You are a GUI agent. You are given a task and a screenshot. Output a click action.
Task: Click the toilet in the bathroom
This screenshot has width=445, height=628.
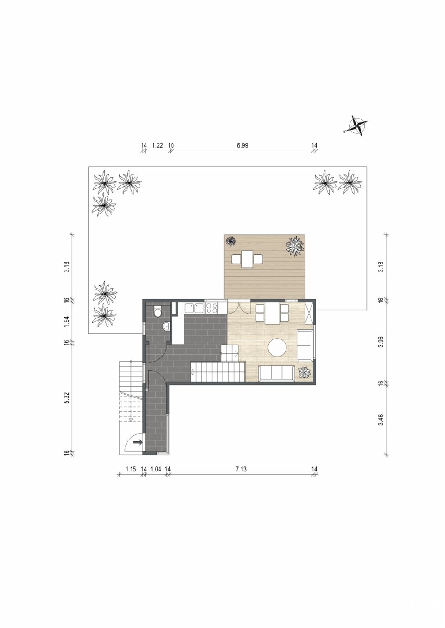tap(158, 311)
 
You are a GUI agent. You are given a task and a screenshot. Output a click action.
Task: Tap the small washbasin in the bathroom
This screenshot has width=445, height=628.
tap(166, 326)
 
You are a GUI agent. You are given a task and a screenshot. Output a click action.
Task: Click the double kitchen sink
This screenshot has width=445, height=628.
tap(195, 308)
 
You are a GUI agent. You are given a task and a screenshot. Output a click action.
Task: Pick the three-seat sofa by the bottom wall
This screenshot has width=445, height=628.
tap(277, 373)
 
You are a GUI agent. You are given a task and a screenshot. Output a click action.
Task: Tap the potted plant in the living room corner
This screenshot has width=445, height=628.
tap(305, 373)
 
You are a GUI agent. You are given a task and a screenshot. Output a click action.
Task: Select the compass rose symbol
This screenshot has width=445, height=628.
tap(357, 126)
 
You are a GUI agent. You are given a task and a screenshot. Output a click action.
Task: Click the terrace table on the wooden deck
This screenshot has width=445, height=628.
tap(247, 259)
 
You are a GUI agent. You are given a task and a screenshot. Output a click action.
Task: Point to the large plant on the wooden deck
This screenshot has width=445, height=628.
tap(295, 246)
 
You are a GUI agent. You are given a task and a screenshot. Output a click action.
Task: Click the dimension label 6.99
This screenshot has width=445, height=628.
tap(242, 145)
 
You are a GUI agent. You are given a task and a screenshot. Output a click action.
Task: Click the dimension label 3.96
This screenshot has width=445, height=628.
tap(381, 342)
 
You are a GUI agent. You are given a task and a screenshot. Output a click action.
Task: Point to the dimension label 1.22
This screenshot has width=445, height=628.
tap(158, 145)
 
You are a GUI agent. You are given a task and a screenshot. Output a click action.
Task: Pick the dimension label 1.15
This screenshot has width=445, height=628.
tap(131, 469)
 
